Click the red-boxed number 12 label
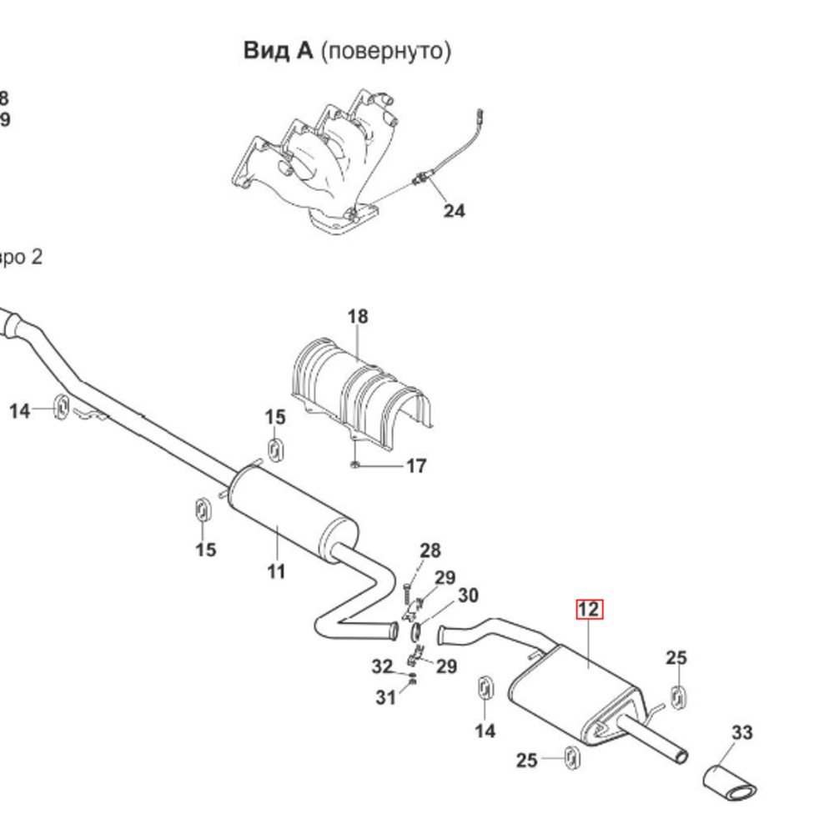(x=589, y=610)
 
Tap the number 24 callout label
(x=454, y=211)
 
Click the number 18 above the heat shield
(x=357, y=317)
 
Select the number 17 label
(x=416, y=466)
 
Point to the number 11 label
(x=276, y=572)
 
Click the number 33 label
(x=741, y=733)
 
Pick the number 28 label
(x=430, y=550)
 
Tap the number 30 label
(x=468, y=595)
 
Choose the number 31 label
(x=385, y=698)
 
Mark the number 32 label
(x=382, y=667)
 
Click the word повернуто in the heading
(x=385, y=51)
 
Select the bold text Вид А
(x=279, y=51)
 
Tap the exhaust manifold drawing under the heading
(x=317, y=163)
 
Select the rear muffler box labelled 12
(x=575, y=692)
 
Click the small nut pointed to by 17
(x=354, y=464)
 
